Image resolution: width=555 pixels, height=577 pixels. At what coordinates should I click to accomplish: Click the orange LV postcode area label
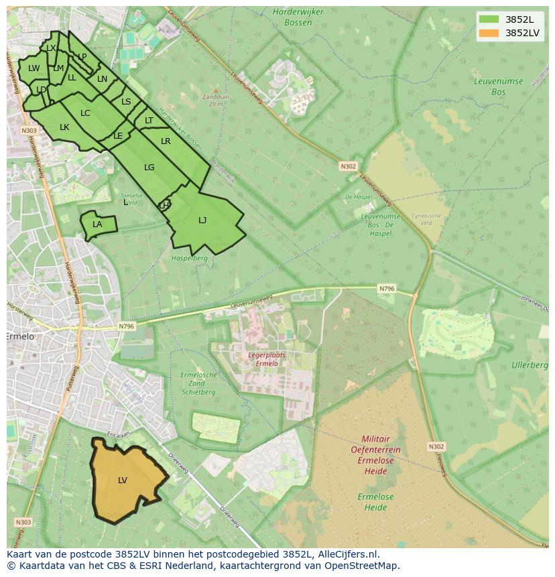point(123,480)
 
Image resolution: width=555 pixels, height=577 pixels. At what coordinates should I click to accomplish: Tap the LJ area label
point(202,220)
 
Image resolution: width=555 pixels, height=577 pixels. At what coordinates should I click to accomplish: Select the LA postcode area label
point(97,225)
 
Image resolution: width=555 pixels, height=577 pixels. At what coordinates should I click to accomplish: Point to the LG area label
point(149,168)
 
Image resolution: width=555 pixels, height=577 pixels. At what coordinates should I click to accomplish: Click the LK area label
point(64,127)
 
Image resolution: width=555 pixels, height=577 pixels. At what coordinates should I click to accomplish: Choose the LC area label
point(85,113)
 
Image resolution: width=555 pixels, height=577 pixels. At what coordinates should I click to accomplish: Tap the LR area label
point(166,141)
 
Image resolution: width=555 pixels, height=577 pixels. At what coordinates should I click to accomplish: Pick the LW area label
point(34,68)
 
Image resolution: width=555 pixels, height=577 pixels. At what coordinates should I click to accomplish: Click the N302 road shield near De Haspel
point(349,166)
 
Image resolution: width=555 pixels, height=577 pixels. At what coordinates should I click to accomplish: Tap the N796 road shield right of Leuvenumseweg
point(387,289)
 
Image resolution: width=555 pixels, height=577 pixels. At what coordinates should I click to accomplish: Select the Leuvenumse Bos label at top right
point(497,86)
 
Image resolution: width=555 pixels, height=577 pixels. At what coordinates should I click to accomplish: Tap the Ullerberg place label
point(530,365)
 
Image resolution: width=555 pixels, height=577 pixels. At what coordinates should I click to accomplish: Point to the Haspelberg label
point(190,258)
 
